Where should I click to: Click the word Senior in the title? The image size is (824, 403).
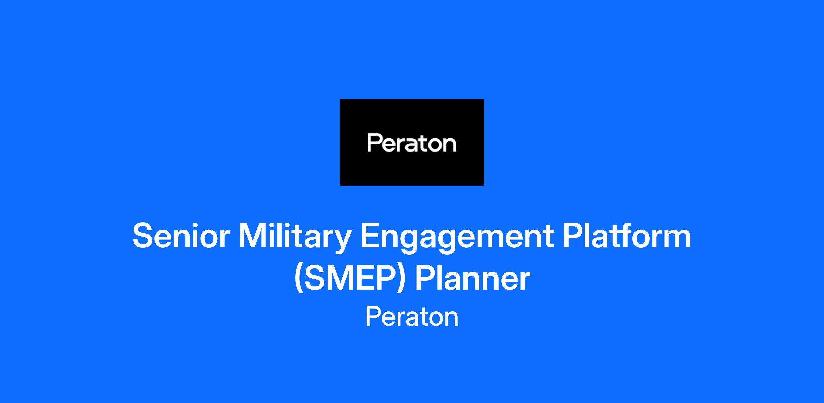coord(181,236)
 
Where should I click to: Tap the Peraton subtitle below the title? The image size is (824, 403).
coord(412,316)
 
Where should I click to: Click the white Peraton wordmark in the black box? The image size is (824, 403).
coord(412,143)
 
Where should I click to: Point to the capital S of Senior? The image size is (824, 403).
coord(142,236)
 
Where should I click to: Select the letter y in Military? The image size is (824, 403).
coord(340,243)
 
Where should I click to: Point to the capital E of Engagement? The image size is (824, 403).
coord(370,236)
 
